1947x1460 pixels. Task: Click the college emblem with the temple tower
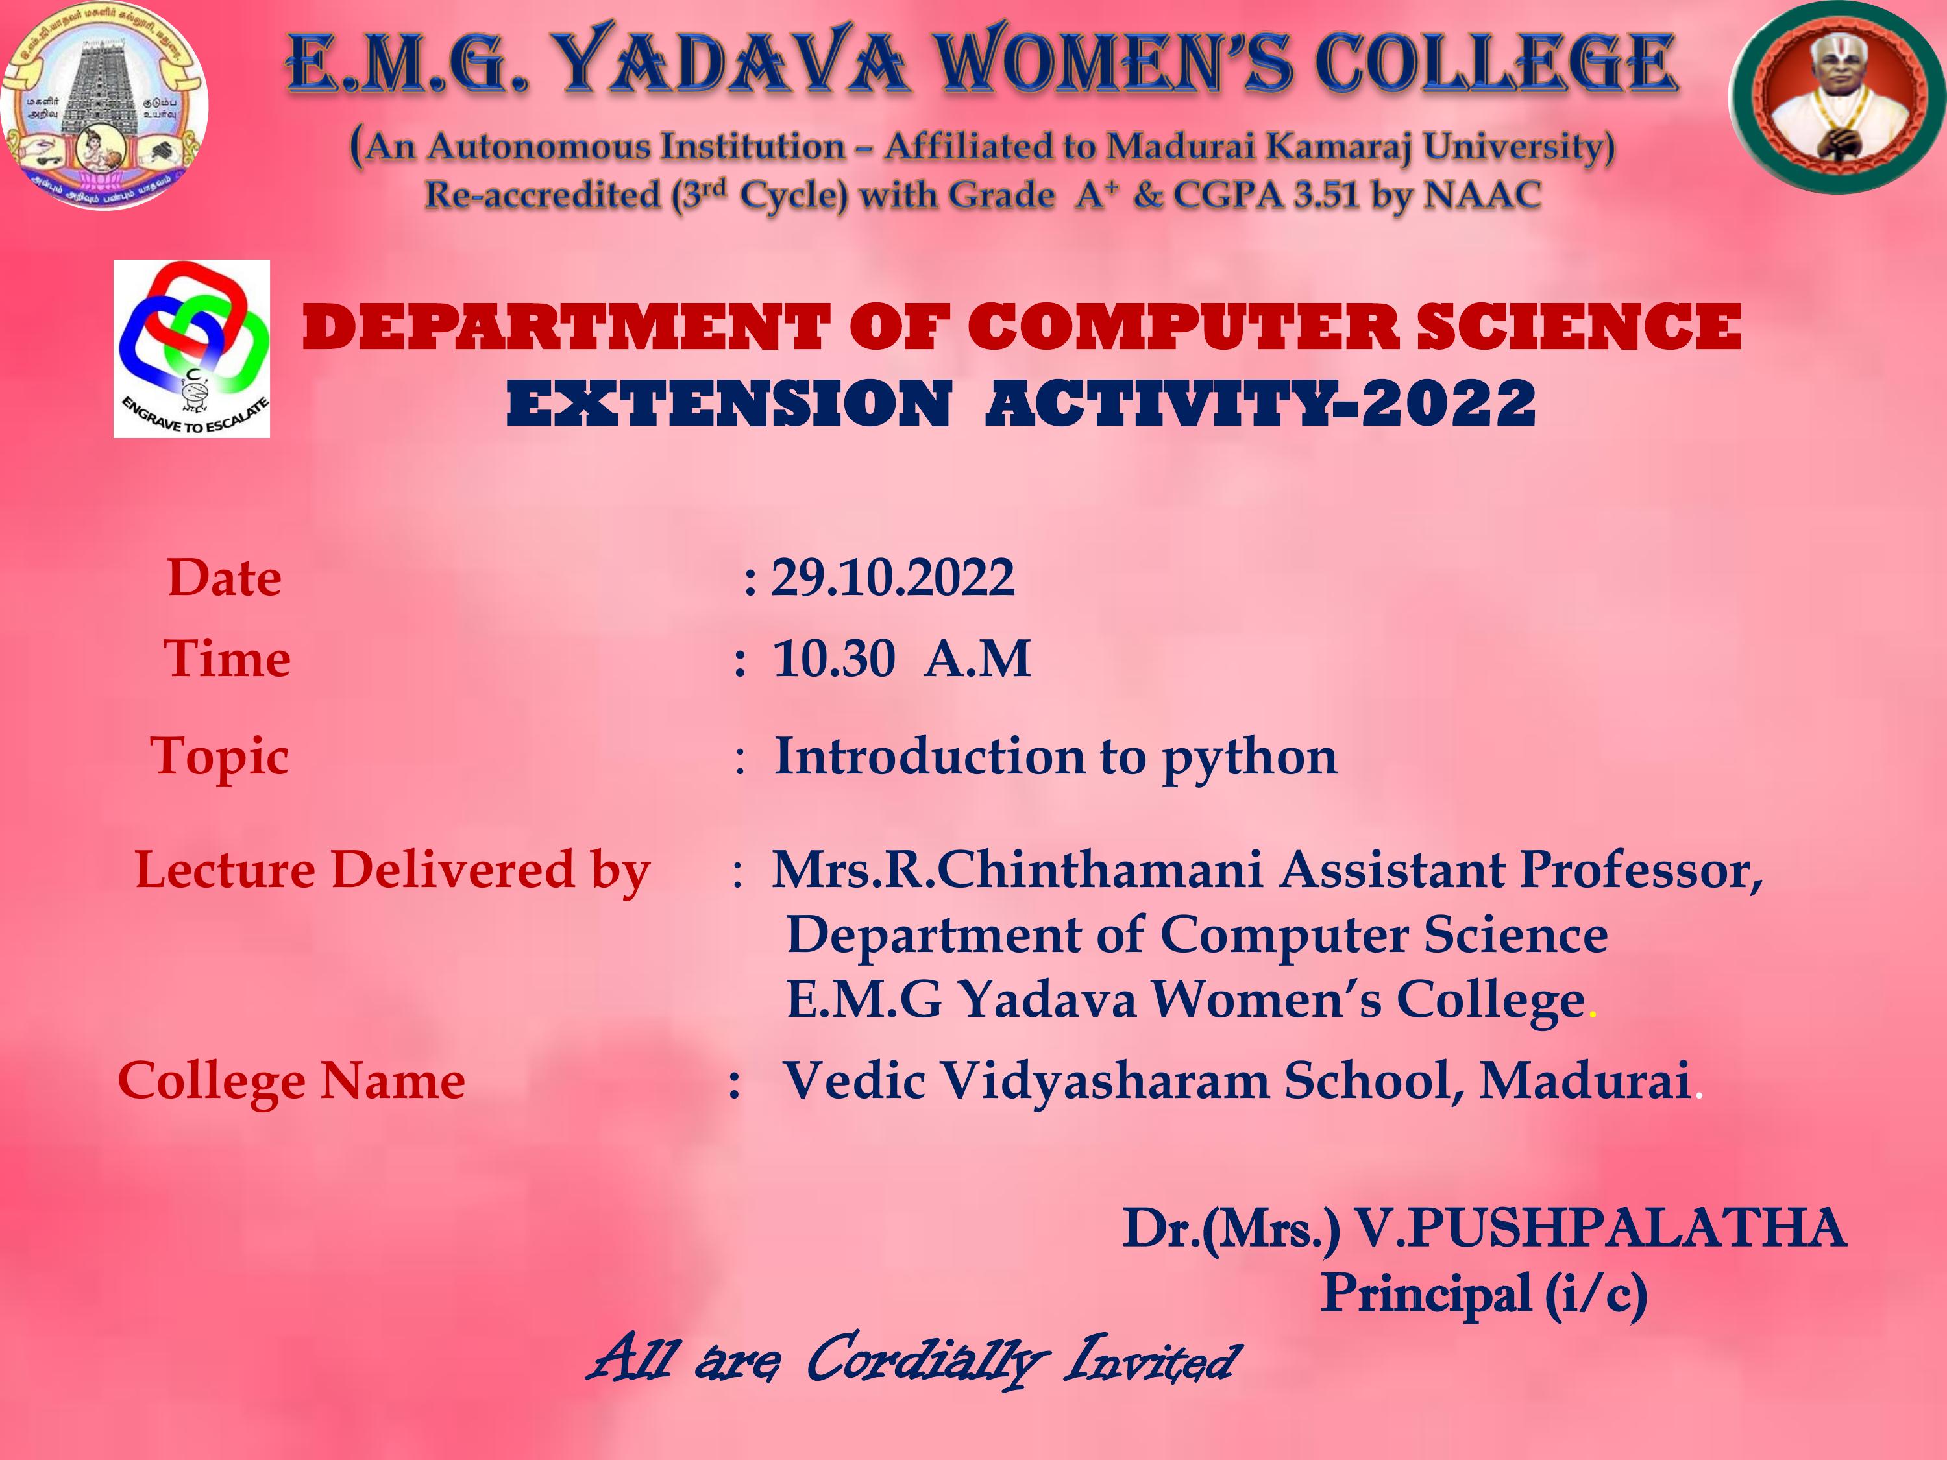[104, 104]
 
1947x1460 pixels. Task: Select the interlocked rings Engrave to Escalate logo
[192, 348]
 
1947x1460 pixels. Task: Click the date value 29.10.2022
[892, 578]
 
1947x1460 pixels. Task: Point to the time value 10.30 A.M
[901, 658]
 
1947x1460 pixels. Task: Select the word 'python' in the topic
[1249, 758]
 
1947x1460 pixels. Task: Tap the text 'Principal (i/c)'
[1484, 1294]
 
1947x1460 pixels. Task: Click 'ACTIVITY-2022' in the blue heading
[1260, 404]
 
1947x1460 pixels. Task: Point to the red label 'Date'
[225, 578]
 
